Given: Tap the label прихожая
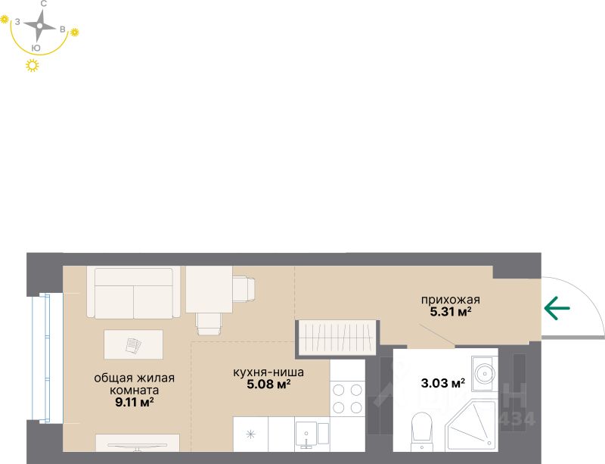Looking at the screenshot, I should coord(450,299).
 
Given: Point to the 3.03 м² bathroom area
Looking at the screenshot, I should coord(442,383).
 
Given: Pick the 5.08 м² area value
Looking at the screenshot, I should coord(268,384).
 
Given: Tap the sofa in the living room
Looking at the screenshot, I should coord(134,292).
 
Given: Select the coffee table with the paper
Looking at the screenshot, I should coord(133,345).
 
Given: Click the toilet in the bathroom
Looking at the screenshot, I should coord(420,428).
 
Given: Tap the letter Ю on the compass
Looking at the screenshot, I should coord(36,48).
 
